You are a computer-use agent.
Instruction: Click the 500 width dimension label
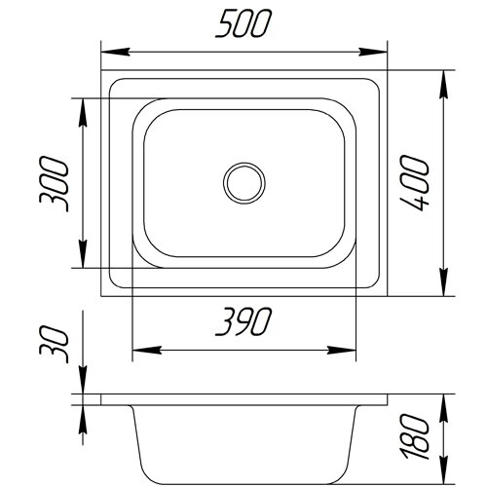coord(243,23)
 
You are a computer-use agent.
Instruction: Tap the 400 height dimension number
coord(415,183)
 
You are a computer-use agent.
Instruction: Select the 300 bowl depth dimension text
coord(54,184)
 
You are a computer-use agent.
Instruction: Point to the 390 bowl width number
coord(243,321)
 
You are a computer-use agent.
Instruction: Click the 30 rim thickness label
coord(54,344)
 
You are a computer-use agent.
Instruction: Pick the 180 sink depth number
coord(415,436)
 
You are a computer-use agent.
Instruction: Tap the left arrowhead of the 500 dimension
coord(116,52)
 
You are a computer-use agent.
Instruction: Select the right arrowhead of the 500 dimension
coord(373,52)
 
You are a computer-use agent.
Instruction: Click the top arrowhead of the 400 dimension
coord(443,84)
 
